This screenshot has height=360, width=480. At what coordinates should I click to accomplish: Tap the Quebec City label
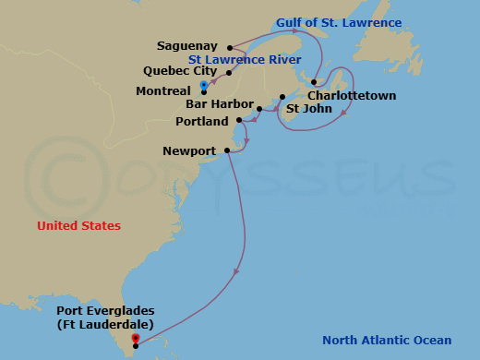[x=180, y=70]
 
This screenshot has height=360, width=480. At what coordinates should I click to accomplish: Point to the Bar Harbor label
[x=217, y=104]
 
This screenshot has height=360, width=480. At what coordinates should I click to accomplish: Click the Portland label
[x=203, y=121]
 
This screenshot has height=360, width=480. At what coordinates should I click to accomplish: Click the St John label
[x=305, y=109]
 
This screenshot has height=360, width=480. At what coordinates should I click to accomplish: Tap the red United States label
[x=78, y=225]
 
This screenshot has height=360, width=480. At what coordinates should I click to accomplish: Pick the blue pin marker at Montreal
[x=203, y=86]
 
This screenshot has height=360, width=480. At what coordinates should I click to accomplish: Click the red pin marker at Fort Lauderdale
[x=136, y=339]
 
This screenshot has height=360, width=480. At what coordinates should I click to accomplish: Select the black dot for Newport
[x=226, y=150]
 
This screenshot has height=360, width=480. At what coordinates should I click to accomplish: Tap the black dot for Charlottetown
[x=316, y=81]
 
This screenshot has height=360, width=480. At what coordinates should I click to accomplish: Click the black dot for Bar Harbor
[x=259, y=110]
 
